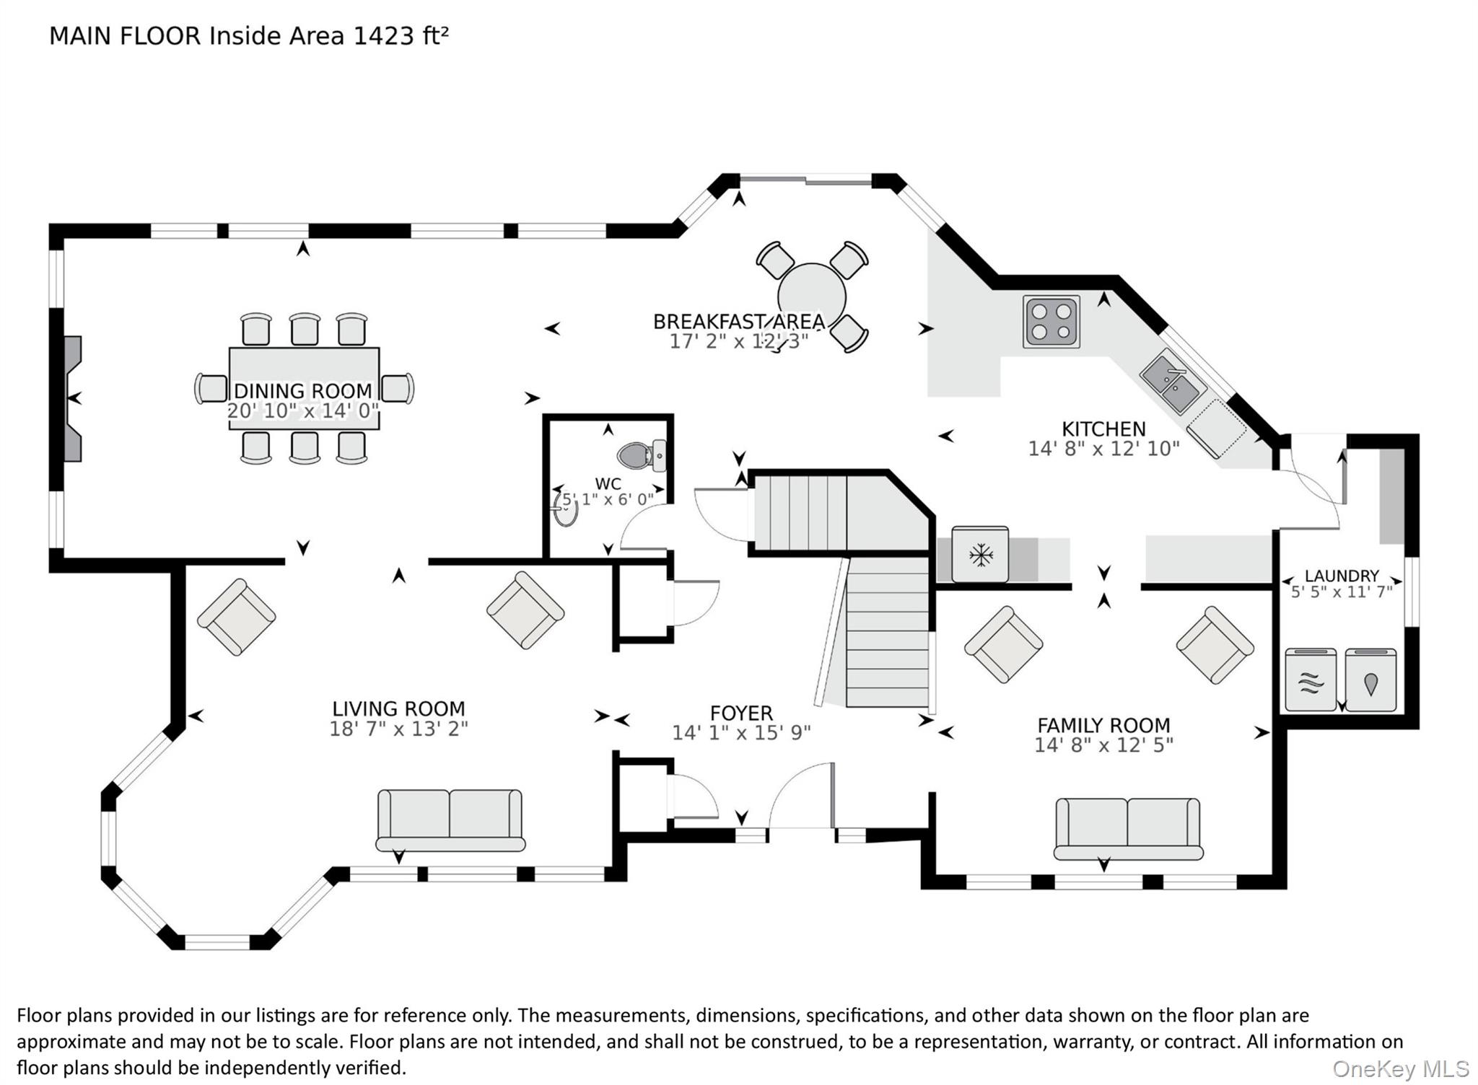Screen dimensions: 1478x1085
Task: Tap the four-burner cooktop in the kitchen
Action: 1051,322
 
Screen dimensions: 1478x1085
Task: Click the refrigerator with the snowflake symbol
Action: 980,554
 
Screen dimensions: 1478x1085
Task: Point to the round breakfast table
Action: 812,297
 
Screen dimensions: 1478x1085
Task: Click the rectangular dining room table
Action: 304,388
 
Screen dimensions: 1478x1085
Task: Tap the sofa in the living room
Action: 450,820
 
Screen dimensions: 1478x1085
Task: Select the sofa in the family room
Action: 1128,829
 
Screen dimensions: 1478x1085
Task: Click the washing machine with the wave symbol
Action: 1311,680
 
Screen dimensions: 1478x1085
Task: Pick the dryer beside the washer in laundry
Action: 1370,680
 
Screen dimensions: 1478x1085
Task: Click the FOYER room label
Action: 741,713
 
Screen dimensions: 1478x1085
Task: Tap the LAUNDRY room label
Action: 1342,576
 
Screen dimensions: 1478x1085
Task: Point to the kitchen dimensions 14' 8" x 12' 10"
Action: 1103,449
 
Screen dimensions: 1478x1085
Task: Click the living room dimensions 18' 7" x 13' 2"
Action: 398,729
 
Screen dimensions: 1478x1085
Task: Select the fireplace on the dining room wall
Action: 73,398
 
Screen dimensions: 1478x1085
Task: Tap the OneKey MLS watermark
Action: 1401,1068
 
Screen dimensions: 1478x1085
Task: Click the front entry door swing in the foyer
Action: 802,795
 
